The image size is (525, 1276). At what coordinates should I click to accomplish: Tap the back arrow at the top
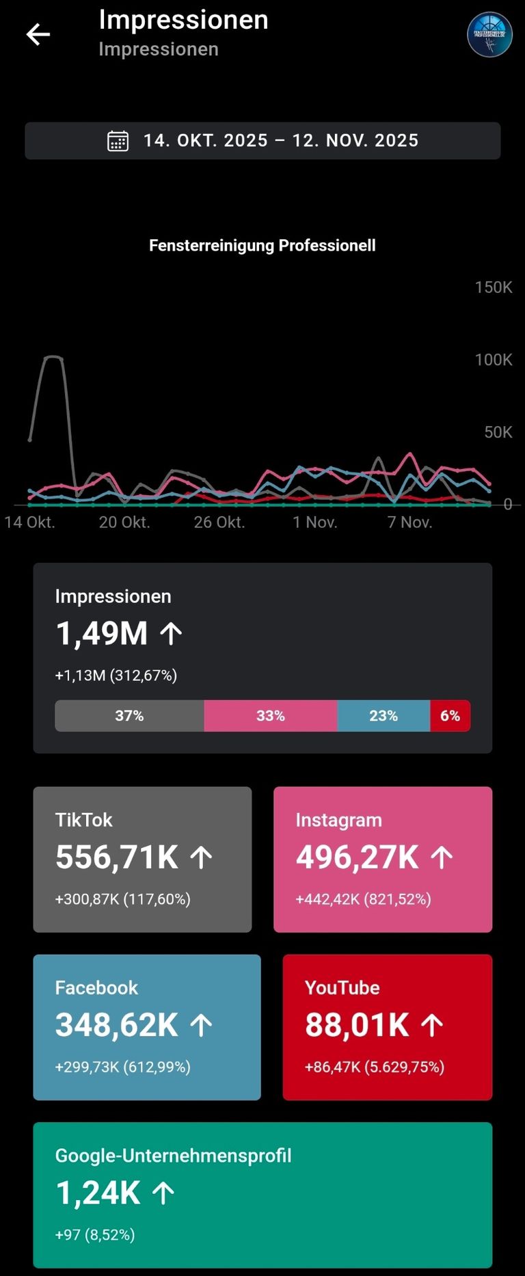point(38,34)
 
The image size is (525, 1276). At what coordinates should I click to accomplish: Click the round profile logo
point(489,34)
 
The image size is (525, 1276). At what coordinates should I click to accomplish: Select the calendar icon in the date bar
point(118,141)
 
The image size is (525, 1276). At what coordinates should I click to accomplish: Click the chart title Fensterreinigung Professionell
point(262,245)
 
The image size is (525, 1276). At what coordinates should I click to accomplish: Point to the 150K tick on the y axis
point(494,287)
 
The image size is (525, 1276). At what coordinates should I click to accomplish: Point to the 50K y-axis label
point(498,432)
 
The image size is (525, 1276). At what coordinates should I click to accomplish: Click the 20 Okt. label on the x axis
point(124,522)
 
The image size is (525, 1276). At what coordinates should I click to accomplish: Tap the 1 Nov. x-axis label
point(315,522)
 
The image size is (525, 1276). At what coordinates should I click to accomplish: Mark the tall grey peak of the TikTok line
point(53,358)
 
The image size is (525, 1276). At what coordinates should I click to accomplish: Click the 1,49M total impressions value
point(102,633)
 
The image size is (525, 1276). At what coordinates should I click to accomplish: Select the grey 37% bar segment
point(129,716)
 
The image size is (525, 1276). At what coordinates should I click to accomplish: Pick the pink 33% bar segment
point(271,716)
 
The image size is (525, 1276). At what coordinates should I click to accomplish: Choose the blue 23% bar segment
point(383,716)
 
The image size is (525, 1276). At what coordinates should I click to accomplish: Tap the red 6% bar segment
point(450,716)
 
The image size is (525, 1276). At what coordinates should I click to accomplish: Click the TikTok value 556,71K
point(117,858)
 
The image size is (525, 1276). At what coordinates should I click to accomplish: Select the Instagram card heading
point(339,820)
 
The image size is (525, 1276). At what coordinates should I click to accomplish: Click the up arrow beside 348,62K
point(201,1025)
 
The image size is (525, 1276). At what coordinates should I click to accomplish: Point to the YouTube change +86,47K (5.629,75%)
point(375,1067)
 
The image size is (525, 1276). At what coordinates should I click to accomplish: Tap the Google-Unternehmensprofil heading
point(174,1156)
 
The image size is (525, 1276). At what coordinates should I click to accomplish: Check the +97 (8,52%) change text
point(95,1235)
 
